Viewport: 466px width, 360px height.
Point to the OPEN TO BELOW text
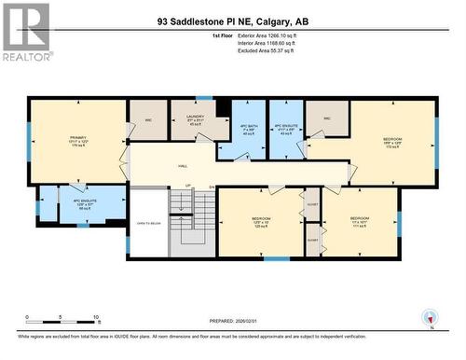(147, 224)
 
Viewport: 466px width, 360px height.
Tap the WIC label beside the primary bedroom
(146, 119)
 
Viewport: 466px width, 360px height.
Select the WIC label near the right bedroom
(327, 118)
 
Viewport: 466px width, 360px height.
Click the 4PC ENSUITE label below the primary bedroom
(83, 204)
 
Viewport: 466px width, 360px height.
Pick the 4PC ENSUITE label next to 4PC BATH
(286, 128)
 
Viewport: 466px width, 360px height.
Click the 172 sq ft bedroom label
(392, 144)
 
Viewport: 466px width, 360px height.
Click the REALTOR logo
(25, 32)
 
